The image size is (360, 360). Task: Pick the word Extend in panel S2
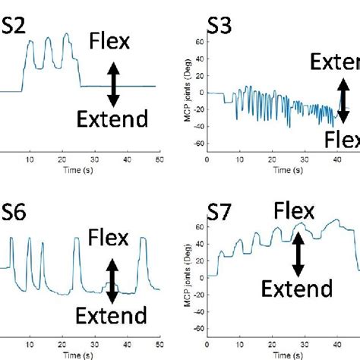[112, 118]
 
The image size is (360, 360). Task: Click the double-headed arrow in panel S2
[112, 83]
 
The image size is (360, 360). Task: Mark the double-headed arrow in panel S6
[112, 279]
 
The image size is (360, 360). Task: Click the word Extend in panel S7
[297, 288]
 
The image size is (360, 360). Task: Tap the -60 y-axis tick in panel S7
[198, 330]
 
